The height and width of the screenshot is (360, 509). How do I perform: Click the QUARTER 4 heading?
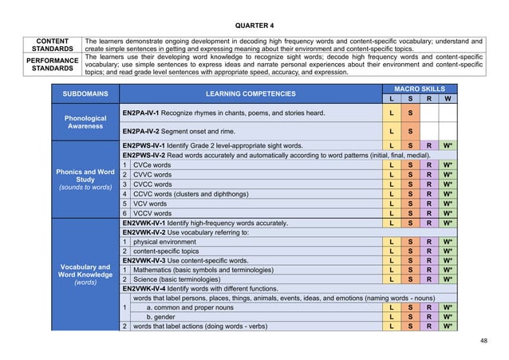pyautogui.click(x=254, y=25)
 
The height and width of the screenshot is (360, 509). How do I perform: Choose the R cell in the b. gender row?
pyautogui.click(x=429, y=316)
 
